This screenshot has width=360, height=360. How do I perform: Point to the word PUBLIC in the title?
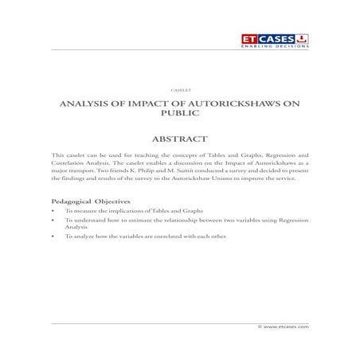click(179, 115)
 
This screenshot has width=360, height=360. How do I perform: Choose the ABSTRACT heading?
click(180, 138)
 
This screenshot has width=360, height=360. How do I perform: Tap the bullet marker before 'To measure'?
click(53, 210)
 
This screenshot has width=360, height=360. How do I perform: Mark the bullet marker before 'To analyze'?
click(53, 237)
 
